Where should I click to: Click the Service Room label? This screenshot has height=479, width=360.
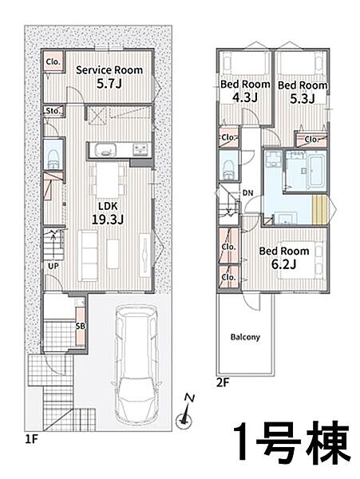tap(109, 70)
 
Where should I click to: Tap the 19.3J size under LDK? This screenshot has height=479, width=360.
tap(108, 220)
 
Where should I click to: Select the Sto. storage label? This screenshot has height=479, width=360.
tap(53, 111)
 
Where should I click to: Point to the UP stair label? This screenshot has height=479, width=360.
tap(53, 266)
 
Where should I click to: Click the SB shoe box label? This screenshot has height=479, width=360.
tap(81, 327)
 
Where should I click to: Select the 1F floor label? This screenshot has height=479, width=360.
tap(31, 439)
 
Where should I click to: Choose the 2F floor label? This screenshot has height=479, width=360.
tap(223, 382)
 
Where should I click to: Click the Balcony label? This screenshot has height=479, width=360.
tap(245, 337)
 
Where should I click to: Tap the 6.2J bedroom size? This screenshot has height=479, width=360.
tap(283, 264)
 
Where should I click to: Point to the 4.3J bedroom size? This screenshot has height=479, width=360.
tap(245, 97)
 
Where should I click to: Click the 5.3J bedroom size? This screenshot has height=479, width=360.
tap(303, 98)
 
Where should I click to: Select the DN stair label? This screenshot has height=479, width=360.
tap(248, 192)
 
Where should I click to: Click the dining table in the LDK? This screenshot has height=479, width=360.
tap(108, 180)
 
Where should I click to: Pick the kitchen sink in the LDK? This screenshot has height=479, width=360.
tap(105, 150)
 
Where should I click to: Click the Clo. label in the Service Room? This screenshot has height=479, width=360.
tap(53, 61)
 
